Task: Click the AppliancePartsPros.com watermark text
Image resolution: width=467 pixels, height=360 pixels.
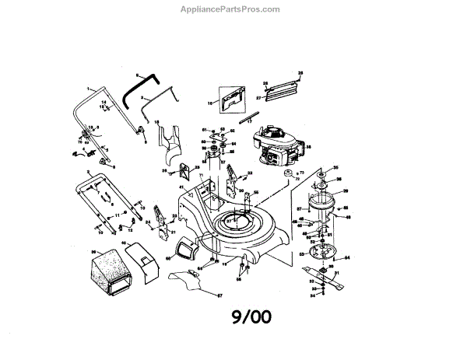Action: (x=233, y=9)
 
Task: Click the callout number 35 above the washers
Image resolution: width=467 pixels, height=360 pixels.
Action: (x=335, y=167)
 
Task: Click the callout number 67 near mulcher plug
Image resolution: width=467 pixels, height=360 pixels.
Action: (x=219, y=296)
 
